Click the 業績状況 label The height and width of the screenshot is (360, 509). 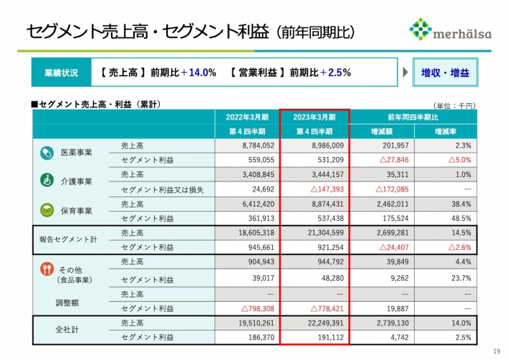pyautogui.click(x=62, y=73)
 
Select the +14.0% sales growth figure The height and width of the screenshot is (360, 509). pyautogui.click(x=198, y=73)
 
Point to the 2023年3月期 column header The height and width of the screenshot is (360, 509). pyautogui.click(x=315, y=117)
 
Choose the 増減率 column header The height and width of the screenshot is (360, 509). pyautogui.click(x=444, y=132)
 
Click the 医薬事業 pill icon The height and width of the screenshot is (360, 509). pyautogui.click(x=46, y=153)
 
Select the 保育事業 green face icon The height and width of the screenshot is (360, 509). pyautogui.click(x=46, y=211)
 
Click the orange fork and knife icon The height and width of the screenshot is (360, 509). pyautogui.click(x=46, y=270)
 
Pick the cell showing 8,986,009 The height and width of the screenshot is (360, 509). pyautogui.click(x=315, y=145)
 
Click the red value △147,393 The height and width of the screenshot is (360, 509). pyautogui.click(x=315, y=189)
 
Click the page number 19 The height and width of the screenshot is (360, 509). pyautogui.click(x=496, y=351)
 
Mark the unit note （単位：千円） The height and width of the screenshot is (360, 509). pyautogui.click(x=454, y=105)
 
